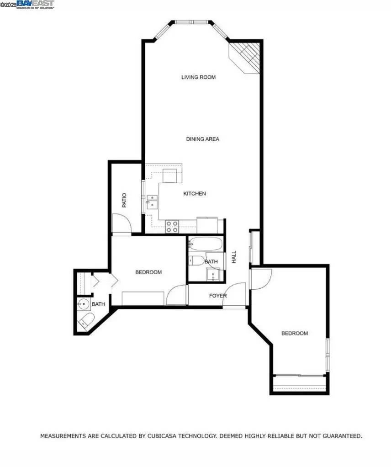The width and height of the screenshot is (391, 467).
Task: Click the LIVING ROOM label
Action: tap(198, 77)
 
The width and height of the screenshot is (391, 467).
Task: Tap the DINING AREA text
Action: tap(203, 139)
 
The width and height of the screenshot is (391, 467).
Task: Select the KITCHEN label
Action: tap(195, 194)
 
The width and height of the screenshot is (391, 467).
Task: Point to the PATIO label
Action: tap(124, 201)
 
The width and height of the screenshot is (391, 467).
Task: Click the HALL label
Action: tap(234, 257)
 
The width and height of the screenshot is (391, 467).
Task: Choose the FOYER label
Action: tap(218, 296)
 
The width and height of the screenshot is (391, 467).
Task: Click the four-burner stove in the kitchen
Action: tap(172, 227)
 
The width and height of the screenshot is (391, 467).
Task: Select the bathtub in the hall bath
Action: tap(206, 244)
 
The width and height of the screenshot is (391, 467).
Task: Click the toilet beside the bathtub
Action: tap(197, 261)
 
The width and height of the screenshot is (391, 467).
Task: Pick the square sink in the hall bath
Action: tap(214, 274)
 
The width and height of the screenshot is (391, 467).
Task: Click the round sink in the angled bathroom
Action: tap(84, 303)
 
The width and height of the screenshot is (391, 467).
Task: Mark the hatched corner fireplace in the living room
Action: tap(247, 56)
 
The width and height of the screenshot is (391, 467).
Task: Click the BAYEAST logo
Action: tap(35, 4)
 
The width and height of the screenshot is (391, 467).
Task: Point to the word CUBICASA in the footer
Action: tap(163, 436)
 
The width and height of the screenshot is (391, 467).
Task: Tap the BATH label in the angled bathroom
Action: tap(98, 304)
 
